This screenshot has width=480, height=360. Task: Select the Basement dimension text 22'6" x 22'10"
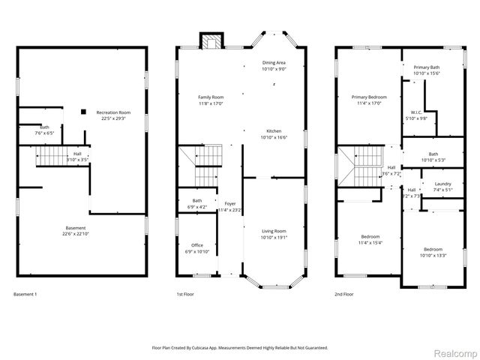coord(75,234)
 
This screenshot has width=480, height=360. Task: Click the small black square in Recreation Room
coord(83,112)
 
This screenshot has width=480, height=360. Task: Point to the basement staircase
coord(52,156)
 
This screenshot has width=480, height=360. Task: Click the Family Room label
coord(210,97)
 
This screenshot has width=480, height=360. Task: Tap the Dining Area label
coord(274,63)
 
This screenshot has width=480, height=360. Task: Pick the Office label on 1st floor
coord(196,245)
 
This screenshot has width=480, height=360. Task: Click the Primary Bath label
coord(426,67)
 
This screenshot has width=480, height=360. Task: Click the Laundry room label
coord(442,184)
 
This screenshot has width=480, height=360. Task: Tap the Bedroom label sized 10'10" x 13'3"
coord(433,250)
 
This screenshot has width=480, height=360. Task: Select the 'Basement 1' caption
coord(25,295)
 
